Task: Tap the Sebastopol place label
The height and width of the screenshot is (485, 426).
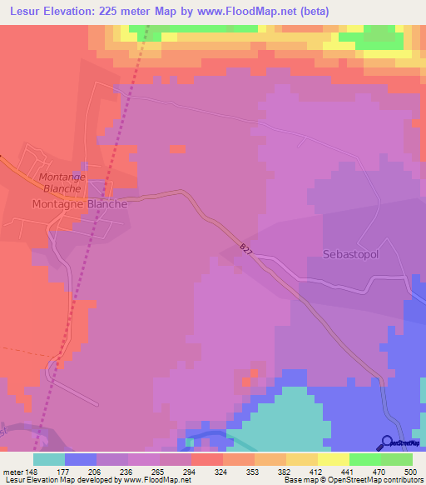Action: point(350,254)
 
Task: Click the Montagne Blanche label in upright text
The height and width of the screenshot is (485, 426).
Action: point(79,203)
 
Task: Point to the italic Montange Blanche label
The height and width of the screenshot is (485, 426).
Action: point(67,182)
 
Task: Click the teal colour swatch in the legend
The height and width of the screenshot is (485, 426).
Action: point(49,459)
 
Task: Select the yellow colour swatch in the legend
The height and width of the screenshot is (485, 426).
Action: point(334,459)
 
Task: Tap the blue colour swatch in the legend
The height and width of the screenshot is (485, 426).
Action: point(81,459)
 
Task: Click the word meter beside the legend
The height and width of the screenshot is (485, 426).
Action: point(12,471)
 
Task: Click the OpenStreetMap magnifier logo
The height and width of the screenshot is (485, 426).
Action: point(389,443)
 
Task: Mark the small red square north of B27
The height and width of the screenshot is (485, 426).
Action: point(177,149)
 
